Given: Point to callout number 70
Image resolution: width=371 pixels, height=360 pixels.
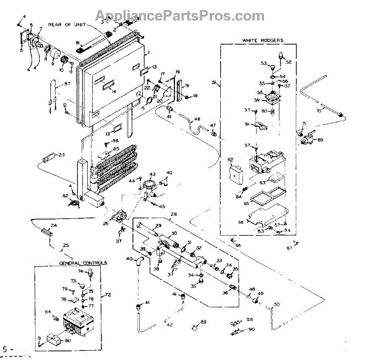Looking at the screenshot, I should (336, 111).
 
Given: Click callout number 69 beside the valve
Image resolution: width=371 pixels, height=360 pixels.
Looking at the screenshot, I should (321, 140).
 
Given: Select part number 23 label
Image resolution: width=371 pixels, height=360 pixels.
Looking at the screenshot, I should (61, 155).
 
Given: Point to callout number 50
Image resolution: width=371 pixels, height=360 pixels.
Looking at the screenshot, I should (276, 304).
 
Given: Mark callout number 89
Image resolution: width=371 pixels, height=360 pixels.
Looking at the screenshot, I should (203, 322).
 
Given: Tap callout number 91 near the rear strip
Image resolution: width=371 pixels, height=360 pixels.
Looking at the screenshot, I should (79, 41).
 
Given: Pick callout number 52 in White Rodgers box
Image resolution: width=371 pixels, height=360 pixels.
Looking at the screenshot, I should (288, 62).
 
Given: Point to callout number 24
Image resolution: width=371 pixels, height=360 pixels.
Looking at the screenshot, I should (53, 225).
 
